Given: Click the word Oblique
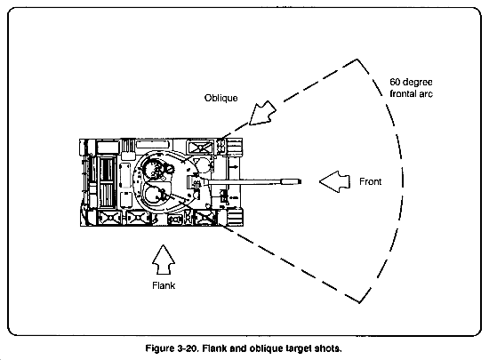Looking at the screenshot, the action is pos(220,98).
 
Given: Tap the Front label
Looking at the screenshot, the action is pos(370,181).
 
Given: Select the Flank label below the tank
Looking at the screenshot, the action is pos(164,285).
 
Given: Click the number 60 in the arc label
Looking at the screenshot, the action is pos(395,82).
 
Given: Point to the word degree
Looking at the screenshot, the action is pos(417,83).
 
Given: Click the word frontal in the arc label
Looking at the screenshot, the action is pos(403,93).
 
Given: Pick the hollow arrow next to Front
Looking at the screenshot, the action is pos(334,181).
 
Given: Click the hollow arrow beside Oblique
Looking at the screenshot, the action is pos(262,113).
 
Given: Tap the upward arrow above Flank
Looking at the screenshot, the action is pos(164,260).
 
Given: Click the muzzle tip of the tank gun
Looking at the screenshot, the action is pos(301,181).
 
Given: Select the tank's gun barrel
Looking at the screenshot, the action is pos(254,181).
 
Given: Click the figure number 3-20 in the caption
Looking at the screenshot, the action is pos(188,348).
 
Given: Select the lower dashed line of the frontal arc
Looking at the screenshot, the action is pos(290,263).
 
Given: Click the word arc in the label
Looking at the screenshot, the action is pos(426,94).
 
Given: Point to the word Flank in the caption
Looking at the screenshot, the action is pos(214,348).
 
